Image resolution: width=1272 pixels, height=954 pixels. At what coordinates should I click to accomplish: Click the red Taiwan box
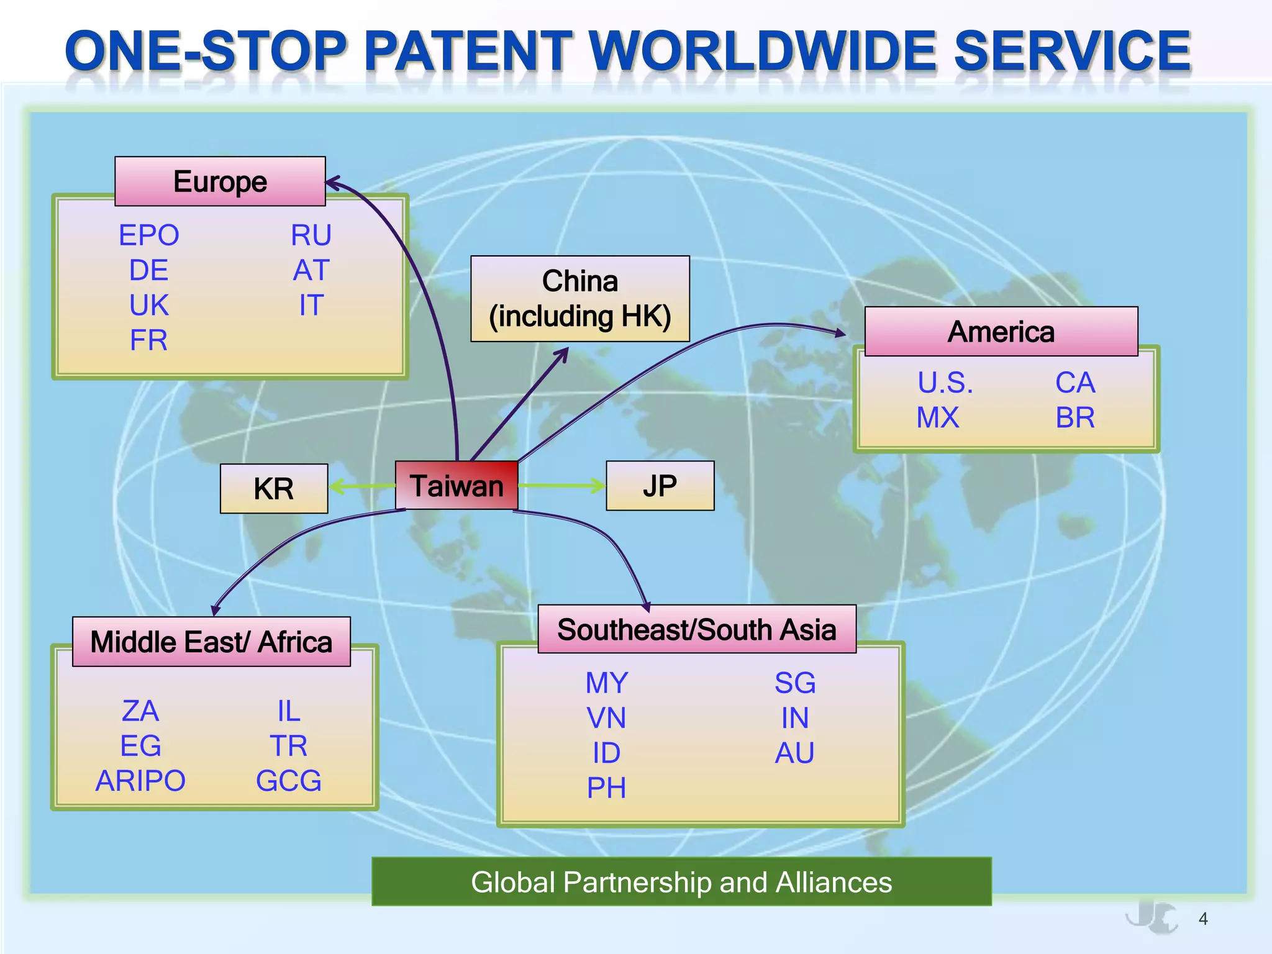point(457,486)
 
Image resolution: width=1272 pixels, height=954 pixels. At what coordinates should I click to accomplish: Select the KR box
point(274,489)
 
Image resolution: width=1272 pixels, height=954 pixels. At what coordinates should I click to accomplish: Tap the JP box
point(660,486)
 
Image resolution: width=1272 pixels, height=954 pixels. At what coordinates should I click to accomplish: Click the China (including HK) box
point(580,299)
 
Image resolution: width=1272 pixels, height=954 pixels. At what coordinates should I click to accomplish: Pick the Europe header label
point(220,181)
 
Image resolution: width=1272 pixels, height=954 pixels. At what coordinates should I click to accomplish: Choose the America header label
point(1001,332)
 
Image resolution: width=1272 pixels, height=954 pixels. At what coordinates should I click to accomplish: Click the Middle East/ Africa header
point(211,642)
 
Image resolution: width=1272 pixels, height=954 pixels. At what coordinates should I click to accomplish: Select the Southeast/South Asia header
point(697,629)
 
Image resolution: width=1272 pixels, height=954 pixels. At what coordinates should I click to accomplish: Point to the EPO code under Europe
point(149,235)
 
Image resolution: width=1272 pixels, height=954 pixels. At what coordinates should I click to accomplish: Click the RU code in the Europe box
point(311,235)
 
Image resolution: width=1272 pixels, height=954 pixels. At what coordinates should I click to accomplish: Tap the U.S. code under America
point(945,383)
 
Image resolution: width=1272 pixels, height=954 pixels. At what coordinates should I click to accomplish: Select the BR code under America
point(1075,418)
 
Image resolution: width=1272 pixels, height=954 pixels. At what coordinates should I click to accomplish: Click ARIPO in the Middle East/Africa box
point(140,781)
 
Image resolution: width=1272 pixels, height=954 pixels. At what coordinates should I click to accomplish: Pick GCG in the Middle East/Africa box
point(289,781)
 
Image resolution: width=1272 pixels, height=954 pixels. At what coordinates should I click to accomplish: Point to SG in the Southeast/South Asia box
point(795,683)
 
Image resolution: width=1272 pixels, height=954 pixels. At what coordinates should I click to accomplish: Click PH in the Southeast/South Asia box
point(607,788)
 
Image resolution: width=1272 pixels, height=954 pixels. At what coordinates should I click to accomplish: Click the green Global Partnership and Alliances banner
point(681,882)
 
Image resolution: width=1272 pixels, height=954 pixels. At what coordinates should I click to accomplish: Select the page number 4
point(1203,919)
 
